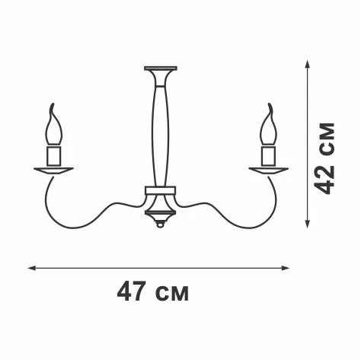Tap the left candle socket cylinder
pyautogui.click(x=54, y=155)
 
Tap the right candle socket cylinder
pyautogui.click(x=269, y=155)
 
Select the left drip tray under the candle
pyautogui.click(x=53, y=170)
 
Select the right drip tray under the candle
pyautogui.click(x=269, y=170)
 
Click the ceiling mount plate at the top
pyautogui.click(x=161, y=68)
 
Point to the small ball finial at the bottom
pyautogui.click(x=160, y=225)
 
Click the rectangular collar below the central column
pyautogui.click(x=160, y=190)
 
